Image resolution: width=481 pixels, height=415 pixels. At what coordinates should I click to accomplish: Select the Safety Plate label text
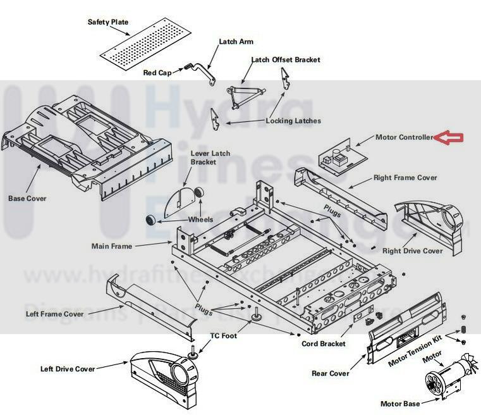[x=107, y=22]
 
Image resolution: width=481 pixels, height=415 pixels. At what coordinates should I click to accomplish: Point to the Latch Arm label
[x=236, y=42]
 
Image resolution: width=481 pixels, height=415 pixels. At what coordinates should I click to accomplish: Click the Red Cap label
[x=157, y=73]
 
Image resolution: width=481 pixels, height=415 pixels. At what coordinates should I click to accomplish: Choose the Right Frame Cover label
[x=405, y=178]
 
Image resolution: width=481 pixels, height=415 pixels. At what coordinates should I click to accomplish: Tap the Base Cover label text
[x=27, y=199]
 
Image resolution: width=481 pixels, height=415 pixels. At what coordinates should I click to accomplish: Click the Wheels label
[x=200, y=220]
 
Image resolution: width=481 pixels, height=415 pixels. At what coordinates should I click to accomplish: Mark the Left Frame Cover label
[x=54, y=314]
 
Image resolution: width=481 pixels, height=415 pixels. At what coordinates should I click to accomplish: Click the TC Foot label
[x=224, y=335]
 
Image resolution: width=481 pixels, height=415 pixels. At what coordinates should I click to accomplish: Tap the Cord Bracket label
[x=324, y=344]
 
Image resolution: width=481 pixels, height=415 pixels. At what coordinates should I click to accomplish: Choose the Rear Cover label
[x=330, y=373]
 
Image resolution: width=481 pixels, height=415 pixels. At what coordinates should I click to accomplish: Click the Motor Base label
[x=399, y=404]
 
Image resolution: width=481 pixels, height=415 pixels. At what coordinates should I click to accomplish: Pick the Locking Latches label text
[x=293, y=121]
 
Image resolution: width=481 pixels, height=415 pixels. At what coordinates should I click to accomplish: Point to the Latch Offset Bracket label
[x=286, y=60]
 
